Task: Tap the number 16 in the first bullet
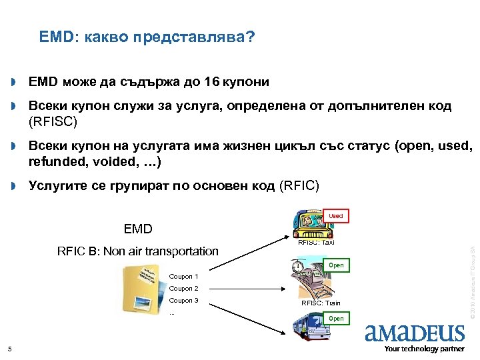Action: coord(213,82)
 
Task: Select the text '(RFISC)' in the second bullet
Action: coord(53,121)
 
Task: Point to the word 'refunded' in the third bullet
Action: coord(55,162)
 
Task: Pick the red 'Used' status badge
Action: coord(336,216)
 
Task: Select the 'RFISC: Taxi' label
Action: coord(316,243)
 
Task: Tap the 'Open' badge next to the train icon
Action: coord(336,265)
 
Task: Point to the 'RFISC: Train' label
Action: coord(321,303)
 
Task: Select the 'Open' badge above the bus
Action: coord(336,319)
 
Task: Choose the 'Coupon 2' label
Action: coord(183,289)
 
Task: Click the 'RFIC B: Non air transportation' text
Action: coord(138,251)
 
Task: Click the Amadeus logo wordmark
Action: coord(415,332)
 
